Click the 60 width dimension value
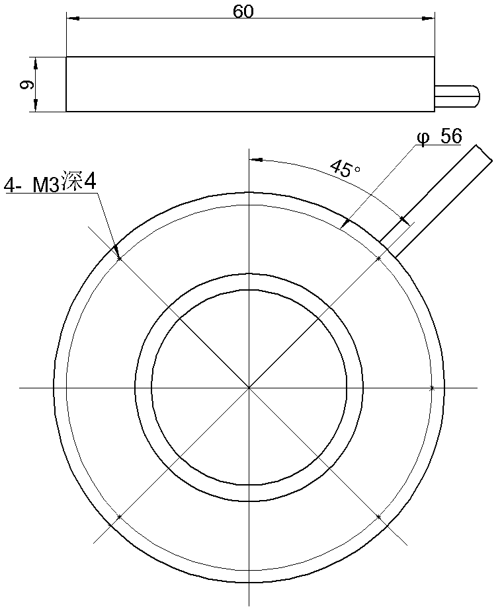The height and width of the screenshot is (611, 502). (243, 11)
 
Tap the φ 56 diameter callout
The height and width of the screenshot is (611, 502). (439, 136)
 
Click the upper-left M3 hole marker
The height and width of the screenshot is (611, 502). (119, 258)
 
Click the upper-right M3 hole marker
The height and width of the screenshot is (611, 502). (378, 258)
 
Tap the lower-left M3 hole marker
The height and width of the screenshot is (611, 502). (119, 517)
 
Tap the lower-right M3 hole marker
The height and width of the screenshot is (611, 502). (378, 517)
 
